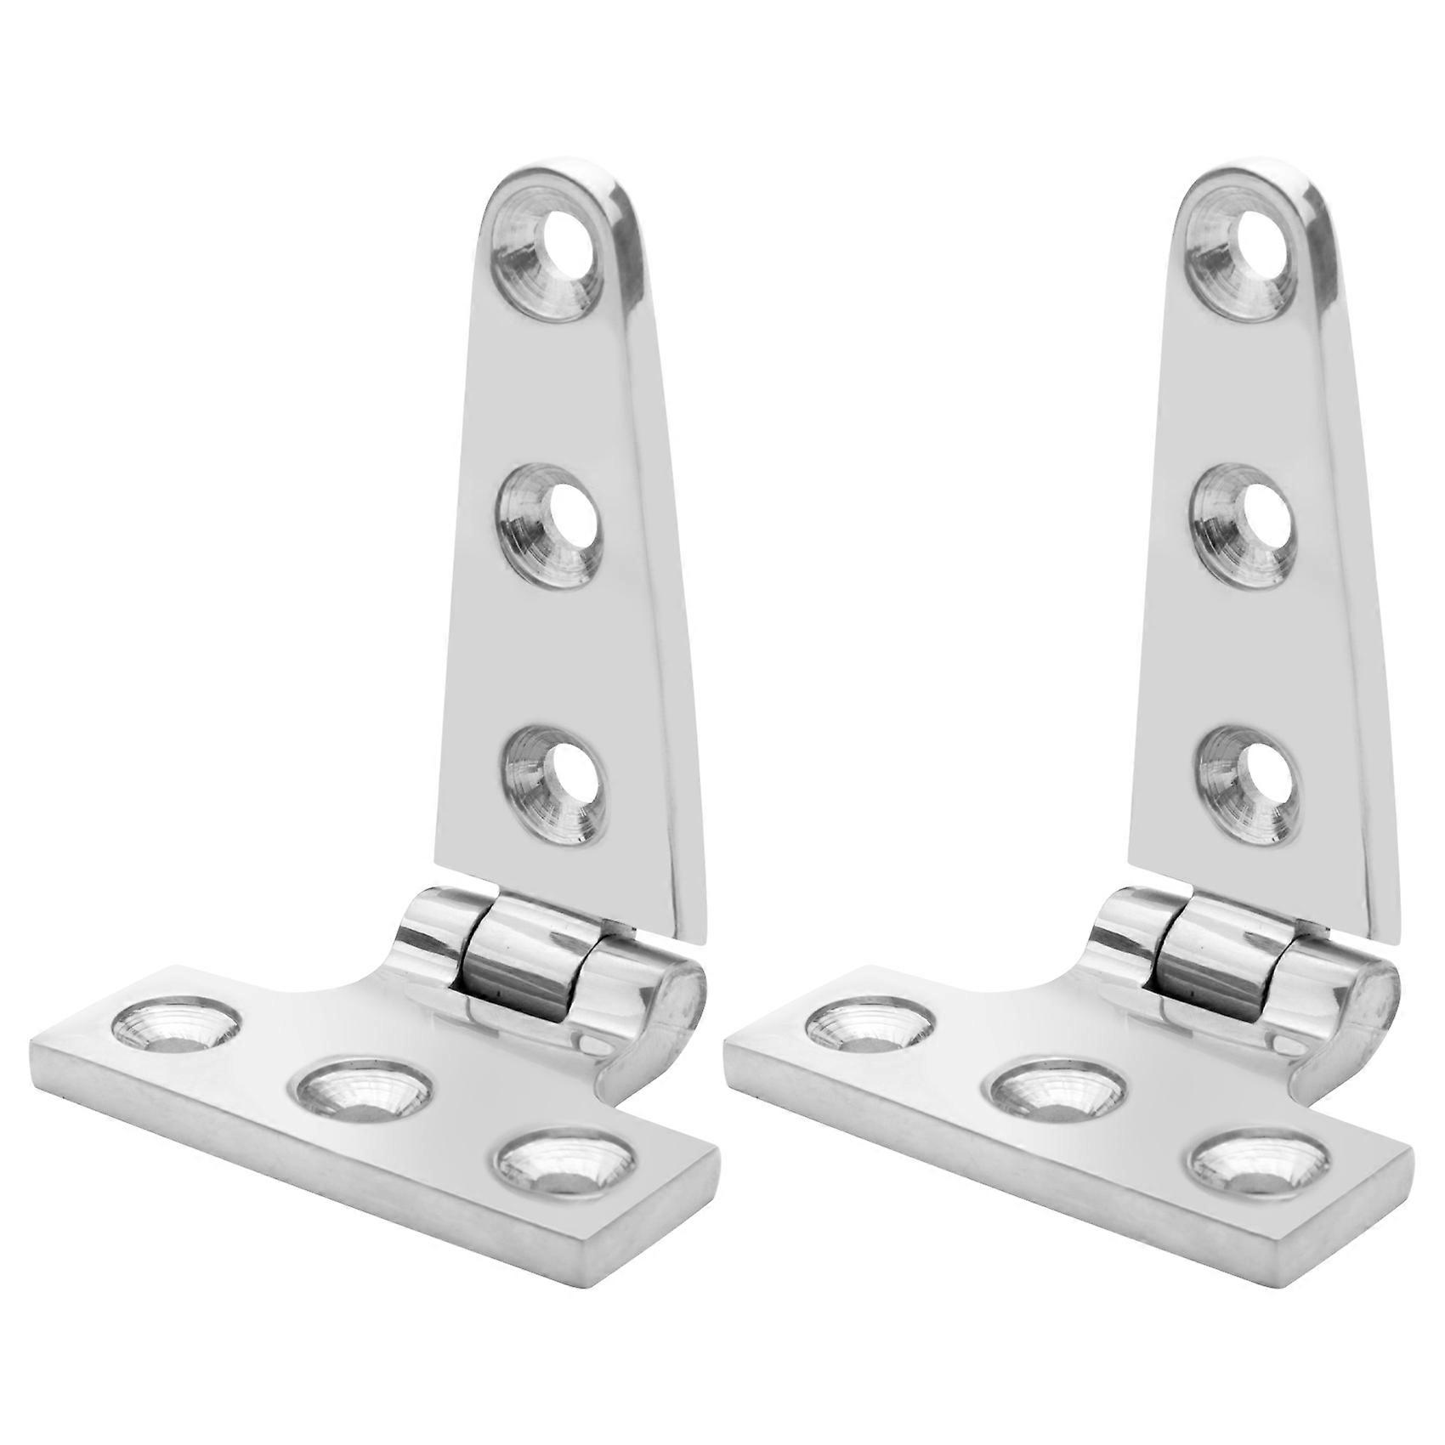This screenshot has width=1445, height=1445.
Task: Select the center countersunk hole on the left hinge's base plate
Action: (365, 1096)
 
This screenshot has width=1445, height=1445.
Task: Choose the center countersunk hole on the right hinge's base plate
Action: (1058, 1096)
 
